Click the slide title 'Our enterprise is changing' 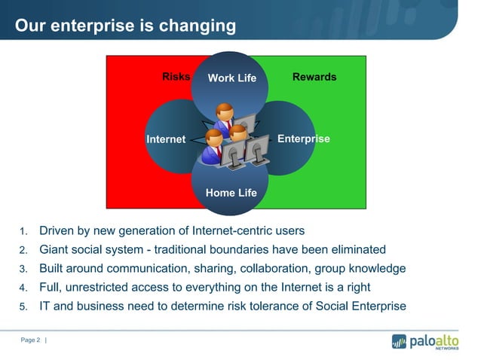[125, 26]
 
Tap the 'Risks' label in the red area [176, 77]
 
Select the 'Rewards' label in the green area [314, 77]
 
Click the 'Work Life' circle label [232, 78]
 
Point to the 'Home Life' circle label [231, 193]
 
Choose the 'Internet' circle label [166, 139]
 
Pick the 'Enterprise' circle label [304, 139]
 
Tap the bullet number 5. [23, 307]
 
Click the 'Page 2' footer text [31, 341]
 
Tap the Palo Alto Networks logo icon [399, 341]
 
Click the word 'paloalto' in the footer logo [434, 340]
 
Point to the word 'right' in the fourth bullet [355, 287]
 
